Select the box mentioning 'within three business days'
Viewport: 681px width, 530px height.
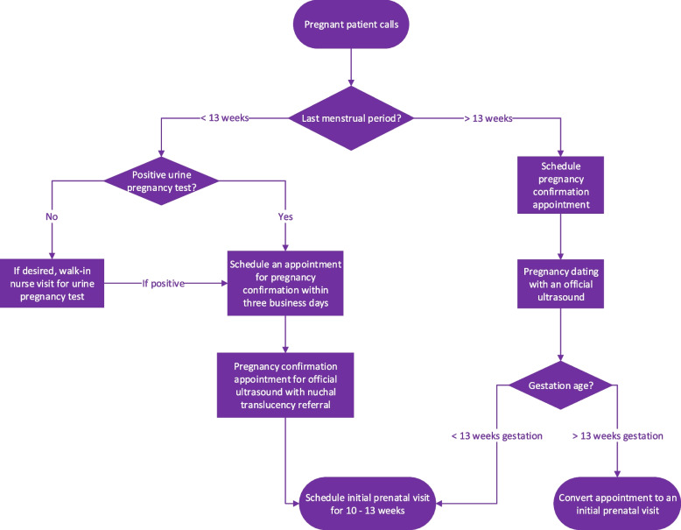[x=285, y=282]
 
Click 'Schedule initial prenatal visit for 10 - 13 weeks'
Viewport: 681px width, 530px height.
[x=369, y=505]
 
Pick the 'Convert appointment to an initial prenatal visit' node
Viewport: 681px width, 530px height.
[x=617, y=505]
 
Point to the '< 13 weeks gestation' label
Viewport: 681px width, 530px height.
[x=497, y=435]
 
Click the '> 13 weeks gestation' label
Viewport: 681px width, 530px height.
[x=617, y=435]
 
